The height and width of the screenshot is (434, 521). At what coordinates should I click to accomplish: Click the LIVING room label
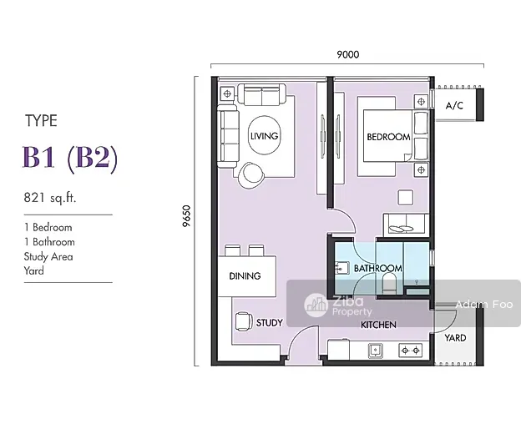[264, 136]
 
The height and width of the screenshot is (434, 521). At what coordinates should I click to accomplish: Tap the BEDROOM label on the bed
[388, 137]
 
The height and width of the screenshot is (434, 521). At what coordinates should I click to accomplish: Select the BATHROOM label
[377, 268]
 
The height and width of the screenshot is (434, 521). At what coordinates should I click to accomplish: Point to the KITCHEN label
[378, 325]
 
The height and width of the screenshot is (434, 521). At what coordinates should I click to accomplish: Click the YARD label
[455, 338]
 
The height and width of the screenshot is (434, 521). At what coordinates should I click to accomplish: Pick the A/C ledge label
[454, 106]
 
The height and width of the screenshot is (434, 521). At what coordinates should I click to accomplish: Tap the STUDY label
[269, 322]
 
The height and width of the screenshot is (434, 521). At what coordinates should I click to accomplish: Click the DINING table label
[245, 275]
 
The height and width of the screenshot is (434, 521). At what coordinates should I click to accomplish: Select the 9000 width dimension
[348, 54]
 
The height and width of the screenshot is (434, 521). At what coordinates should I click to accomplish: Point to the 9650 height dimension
[187, 216]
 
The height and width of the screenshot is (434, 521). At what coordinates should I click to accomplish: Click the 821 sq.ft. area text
[50, 198]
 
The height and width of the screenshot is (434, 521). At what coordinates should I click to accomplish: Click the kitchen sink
[376, 351]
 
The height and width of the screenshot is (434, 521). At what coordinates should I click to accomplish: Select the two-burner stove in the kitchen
[410, 351]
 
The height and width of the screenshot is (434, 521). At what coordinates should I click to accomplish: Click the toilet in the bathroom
[387, 285]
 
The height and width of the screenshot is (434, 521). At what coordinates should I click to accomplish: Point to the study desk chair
[243, 321]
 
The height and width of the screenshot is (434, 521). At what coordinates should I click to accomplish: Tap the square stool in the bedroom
[406, 197]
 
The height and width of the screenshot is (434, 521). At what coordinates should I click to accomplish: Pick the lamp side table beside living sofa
[227, 93]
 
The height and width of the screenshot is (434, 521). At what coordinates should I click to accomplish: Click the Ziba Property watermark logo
[316, 305]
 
